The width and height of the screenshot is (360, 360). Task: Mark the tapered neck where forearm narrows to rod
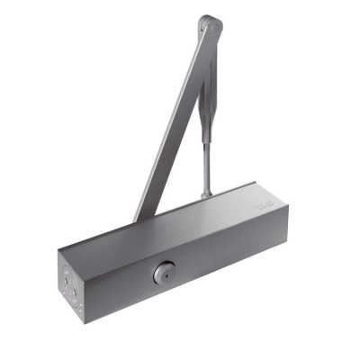coord(208,127)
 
